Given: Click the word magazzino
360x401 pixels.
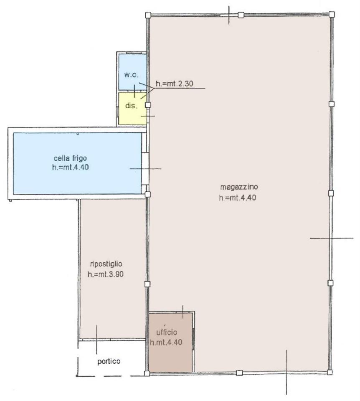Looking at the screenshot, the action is click(x=239, y=187).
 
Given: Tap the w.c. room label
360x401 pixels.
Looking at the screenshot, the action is click(x=132, y=75).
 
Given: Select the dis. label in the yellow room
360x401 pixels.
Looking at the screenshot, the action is click(x=131, y=105).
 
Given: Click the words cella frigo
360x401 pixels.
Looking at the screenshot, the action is click(x=70, y=159).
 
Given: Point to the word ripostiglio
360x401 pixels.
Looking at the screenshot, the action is click(x=106, y=264).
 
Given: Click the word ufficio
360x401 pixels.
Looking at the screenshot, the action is click(x=167, y=332).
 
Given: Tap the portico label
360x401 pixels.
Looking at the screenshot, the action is click(x=109, y=361).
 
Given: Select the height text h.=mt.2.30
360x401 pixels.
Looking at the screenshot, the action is click(x=175, y=84).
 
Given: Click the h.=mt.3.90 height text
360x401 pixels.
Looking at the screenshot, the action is click(x=106, y=274).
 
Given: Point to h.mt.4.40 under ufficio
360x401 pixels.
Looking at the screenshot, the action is click(x=166, y=342).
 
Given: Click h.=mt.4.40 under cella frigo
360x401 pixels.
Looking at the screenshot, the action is click(x=70, y=168).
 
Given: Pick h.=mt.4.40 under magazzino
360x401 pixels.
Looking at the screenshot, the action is click(x=238, y=198).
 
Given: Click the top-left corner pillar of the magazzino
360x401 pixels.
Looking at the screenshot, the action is click(x=148, y=15).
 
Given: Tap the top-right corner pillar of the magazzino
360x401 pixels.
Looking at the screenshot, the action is click(x=331, y=14).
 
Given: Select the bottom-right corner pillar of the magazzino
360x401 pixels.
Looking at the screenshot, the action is click(x=330, y=372).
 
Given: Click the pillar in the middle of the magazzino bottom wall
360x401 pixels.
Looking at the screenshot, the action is click(x=239, y=373).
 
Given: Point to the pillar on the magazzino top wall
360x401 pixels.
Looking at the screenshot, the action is click(x=241, y=15).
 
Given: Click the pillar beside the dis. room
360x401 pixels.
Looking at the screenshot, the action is click(x=148, y=105).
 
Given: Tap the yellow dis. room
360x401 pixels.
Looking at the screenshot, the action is click(x=132, y=109).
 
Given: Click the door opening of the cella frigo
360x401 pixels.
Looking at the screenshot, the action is click(x=145, y=169).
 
